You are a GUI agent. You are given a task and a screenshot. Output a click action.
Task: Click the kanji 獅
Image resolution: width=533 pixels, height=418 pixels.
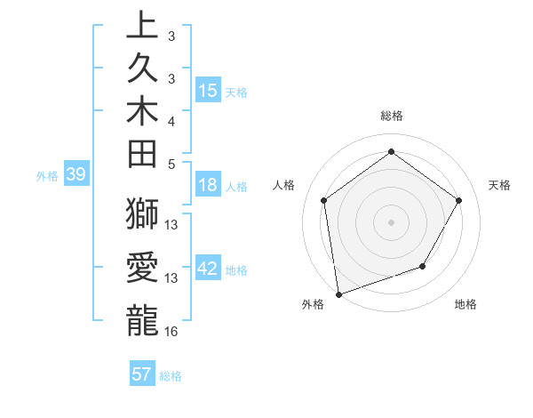142,215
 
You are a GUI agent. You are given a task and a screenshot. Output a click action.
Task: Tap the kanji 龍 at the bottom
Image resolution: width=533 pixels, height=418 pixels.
142,319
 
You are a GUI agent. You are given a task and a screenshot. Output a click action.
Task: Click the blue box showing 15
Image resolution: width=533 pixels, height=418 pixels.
208,90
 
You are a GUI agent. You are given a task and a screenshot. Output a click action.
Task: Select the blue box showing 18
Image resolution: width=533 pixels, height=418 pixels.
208,185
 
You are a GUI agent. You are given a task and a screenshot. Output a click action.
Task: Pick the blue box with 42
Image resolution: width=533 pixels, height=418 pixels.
208,269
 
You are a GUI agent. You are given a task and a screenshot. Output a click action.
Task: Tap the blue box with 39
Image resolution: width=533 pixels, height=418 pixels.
76,175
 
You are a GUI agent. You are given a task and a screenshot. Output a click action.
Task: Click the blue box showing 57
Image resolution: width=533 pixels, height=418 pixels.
142,374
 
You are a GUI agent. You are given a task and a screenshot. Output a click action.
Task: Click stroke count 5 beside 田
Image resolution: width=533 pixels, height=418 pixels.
171,164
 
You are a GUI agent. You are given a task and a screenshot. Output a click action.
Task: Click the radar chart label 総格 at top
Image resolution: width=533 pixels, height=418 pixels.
391,116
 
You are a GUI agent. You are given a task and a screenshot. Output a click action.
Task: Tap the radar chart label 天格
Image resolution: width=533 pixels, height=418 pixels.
499,185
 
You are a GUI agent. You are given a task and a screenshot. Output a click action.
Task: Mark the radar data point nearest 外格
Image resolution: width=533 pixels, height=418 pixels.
338,293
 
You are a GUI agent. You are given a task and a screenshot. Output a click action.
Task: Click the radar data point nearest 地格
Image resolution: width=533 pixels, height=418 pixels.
423,266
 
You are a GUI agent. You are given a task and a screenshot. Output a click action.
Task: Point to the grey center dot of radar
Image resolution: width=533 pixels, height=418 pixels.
391,222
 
